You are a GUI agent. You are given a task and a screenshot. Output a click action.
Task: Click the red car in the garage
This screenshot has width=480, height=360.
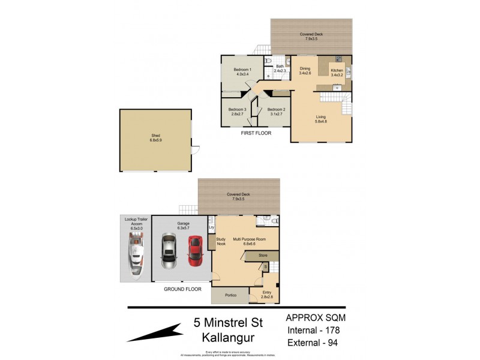[194, 250]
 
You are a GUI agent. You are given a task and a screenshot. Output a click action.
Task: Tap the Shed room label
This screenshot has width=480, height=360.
[155, 137]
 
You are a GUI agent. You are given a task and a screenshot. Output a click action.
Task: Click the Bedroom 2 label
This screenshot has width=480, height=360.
[276, 112]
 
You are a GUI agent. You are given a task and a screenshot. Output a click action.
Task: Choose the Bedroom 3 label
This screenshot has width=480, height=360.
[237, 112]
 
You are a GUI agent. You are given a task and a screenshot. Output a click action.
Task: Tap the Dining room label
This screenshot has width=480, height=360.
[305, 71]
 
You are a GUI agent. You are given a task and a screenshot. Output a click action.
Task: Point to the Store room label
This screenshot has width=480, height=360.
[263, 256]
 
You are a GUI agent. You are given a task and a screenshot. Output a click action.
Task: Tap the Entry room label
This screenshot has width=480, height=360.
[268, 295]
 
